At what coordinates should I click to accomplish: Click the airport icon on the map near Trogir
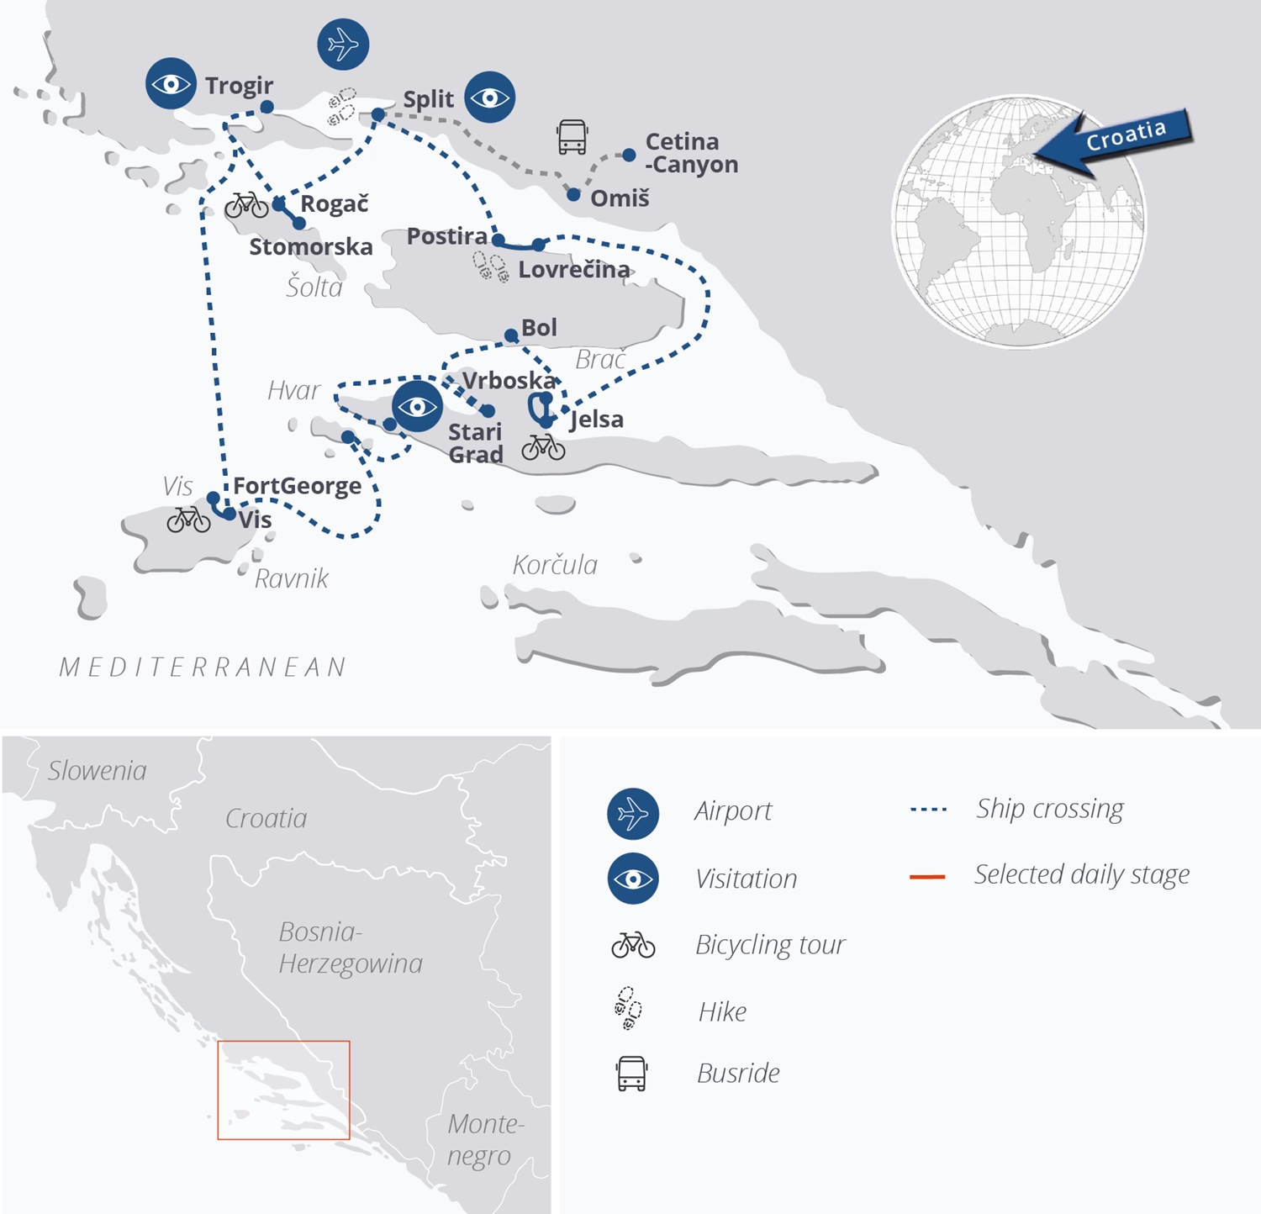tap(343, 44)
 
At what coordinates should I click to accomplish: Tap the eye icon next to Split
tap(490, 98)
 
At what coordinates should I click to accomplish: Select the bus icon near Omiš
tap(572, 136)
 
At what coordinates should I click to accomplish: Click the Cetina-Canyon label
tap(691, 153)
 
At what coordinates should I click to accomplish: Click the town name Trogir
tap(239, 86)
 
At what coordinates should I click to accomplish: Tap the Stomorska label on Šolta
tap(311, 247)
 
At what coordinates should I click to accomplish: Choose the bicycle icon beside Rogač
tap(246, 204)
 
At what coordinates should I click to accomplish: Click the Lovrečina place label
tap(574, 270)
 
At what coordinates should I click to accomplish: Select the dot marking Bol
tap(511, 336)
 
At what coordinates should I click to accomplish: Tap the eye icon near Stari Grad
tap(417, 407)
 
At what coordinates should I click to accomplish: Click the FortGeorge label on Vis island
tap(297, 486)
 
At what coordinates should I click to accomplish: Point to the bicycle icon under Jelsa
tap(543, 447)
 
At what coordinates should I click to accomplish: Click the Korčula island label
tap(555, 565)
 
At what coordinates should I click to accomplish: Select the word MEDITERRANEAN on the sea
tap(203, 668)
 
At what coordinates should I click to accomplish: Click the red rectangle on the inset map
tap(283, 1090)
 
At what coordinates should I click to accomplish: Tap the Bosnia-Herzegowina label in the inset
tap(350, 947)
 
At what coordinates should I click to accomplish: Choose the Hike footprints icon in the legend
tap(628, 1009)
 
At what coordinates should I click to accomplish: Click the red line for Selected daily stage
tap(927, 877)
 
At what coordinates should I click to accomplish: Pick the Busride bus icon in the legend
tap(631, 1074)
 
